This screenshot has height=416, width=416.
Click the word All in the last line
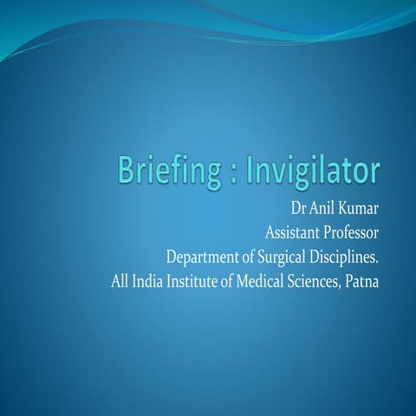121,282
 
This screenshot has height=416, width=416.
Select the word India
149,282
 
